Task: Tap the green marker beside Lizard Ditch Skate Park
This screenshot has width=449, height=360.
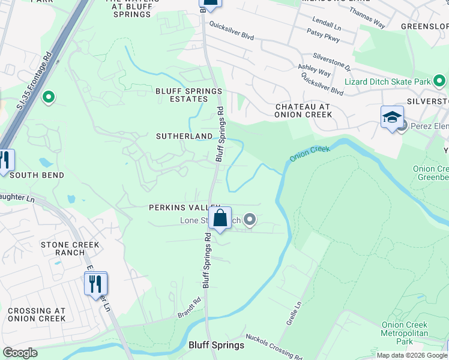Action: coord(440,80)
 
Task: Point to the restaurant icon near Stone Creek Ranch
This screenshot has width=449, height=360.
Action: coord(95,284)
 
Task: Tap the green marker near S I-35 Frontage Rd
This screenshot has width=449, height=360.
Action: coord(49,96)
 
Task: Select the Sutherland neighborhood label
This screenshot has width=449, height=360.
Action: coord(184,136)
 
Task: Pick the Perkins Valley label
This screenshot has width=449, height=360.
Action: coord(178,207)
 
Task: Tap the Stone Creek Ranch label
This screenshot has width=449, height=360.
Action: coord(71,249)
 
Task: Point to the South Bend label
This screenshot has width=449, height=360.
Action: coord(37,175)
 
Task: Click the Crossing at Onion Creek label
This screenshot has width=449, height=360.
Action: coord(37,314)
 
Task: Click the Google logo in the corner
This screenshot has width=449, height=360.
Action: coord(20,353)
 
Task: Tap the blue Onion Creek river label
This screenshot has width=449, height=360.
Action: coord(310,153)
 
